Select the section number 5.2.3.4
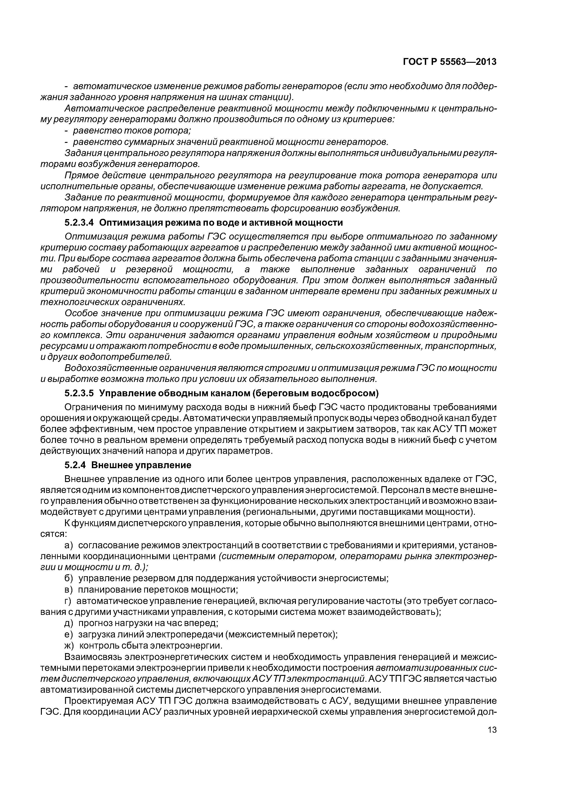click(79, 222)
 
